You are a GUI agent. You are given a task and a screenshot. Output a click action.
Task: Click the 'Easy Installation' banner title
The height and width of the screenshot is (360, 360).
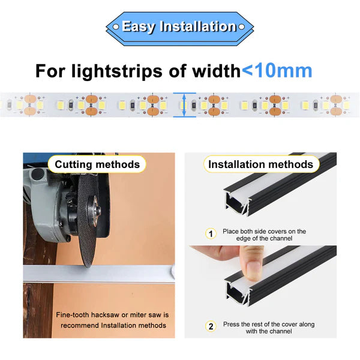click(x=178, y=26)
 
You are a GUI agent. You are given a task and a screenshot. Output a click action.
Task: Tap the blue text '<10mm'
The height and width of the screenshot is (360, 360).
click(x=277, y=70)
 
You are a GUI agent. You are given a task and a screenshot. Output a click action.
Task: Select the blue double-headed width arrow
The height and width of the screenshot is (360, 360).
click(x=184, y=104)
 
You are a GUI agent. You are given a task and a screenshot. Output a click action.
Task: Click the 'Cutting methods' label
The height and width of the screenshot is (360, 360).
click(x=97, y=164)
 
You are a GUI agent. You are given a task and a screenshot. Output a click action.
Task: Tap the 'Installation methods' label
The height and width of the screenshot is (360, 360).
click(x=260, y=164)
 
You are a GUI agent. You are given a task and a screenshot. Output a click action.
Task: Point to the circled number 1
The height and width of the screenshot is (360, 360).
click(x=211, y=233)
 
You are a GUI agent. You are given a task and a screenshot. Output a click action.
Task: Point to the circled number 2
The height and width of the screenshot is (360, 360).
click(x=211, y=326)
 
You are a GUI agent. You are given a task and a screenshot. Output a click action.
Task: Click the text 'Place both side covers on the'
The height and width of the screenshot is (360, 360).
click(x=264, y=231)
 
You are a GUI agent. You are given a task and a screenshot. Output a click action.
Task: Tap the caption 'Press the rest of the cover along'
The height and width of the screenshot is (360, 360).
click(x=268, y=324)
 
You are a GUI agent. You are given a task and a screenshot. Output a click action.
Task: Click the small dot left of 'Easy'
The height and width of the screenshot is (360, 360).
click(x=116, y=27)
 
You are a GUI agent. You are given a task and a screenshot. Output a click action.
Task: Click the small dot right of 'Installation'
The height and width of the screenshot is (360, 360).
click(x=241, y=27)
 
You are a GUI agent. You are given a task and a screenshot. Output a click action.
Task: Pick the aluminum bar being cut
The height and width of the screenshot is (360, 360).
click(x=108, y=274)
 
